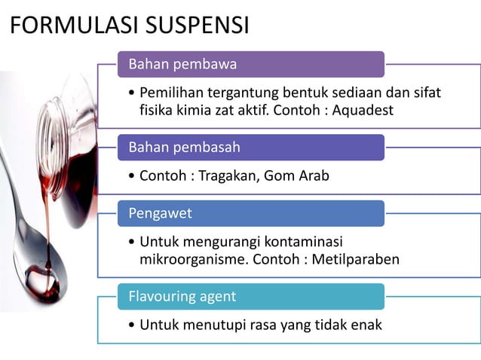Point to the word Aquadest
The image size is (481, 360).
360,110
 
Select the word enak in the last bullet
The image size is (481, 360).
366,325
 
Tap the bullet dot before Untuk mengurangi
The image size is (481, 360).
133,243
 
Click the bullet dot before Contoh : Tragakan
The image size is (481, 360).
133,176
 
